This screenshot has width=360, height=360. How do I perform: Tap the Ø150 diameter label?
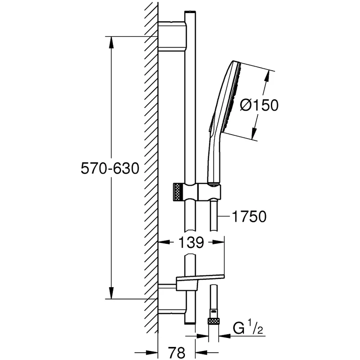[x=259, y=105]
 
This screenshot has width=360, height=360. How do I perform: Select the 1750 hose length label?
[x=248, y=217]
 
